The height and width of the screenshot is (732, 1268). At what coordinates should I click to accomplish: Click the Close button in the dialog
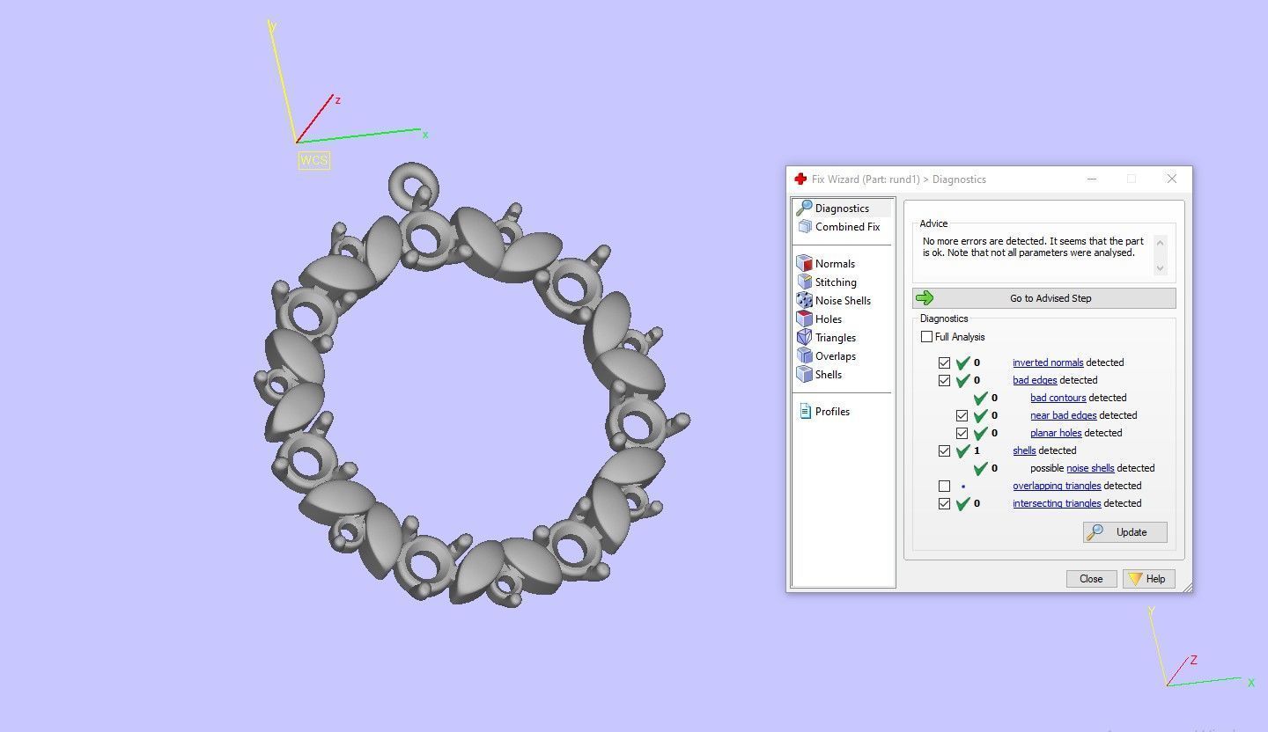click(1091, 579)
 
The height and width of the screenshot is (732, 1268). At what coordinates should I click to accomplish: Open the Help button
click(1148, 579)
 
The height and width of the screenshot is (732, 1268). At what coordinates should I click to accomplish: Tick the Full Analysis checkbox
click(927, 337)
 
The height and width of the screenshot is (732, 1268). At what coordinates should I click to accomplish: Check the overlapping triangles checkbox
click(945, 486)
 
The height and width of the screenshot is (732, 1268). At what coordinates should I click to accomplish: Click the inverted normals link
click(1048, 362)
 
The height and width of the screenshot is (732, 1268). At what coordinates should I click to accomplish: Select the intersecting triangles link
click(1057, 503)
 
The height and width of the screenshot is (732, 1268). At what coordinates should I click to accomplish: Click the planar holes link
click(1056, 433)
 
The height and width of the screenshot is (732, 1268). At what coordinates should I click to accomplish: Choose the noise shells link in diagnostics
click(1090, 468)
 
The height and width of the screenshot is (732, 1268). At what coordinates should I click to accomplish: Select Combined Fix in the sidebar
click(846, 227)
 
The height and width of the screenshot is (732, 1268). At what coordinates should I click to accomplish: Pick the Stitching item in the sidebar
click(835, 282)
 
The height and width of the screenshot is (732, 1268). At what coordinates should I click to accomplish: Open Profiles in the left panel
click(831, 412)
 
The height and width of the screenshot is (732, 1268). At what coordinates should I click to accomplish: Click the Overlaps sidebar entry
click(835, 356)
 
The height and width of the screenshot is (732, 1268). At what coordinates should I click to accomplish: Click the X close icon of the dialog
click(1171, 179)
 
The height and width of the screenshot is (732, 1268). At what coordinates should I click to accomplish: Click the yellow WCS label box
click(313, 160)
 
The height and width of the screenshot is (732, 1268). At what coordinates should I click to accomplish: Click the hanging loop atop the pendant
click(413, 182)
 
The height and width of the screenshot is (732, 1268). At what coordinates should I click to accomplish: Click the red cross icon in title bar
click(800, 179)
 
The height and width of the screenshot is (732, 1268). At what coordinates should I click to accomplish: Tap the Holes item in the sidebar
click(828, 319)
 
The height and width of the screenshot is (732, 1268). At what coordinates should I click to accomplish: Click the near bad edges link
click(1063, 415)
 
